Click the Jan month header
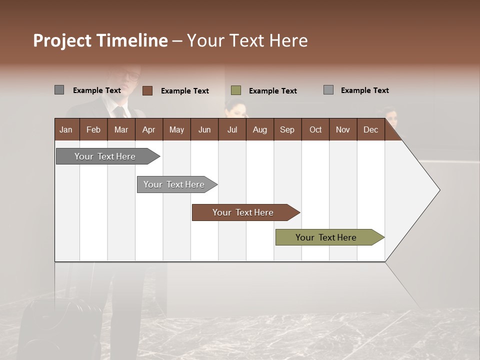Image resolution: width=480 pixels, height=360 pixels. tap(66, 129)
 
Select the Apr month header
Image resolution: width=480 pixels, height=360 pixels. tap(148, 129)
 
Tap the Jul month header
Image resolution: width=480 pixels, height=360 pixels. tap(232, 129)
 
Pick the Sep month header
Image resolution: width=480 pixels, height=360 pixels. tap(287, 129)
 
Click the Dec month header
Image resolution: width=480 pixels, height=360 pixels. tap(370, 129)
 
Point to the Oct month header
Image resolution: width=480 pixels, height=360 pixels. tap(315, 129)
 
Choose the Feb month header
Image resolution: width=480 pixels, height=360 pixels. tap(93, 129)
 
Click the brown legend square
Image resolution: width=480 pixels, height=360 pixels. tap(147, 90)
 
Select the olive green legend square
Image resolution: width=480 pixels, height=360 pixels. tap(236, 90)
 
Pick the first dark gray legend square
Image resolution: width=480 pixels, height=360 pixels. tap(59, 90)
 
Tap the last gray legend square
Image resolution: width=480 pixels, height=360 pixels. tap(328, 90)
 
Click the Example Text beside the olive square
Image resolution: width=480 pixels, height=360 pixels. tap(272, 91)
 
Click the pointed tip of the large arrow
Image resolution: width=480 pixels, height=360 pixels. tap(438, 190)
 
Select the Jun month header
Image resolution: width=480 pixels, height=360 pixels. tap(204, 129)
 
